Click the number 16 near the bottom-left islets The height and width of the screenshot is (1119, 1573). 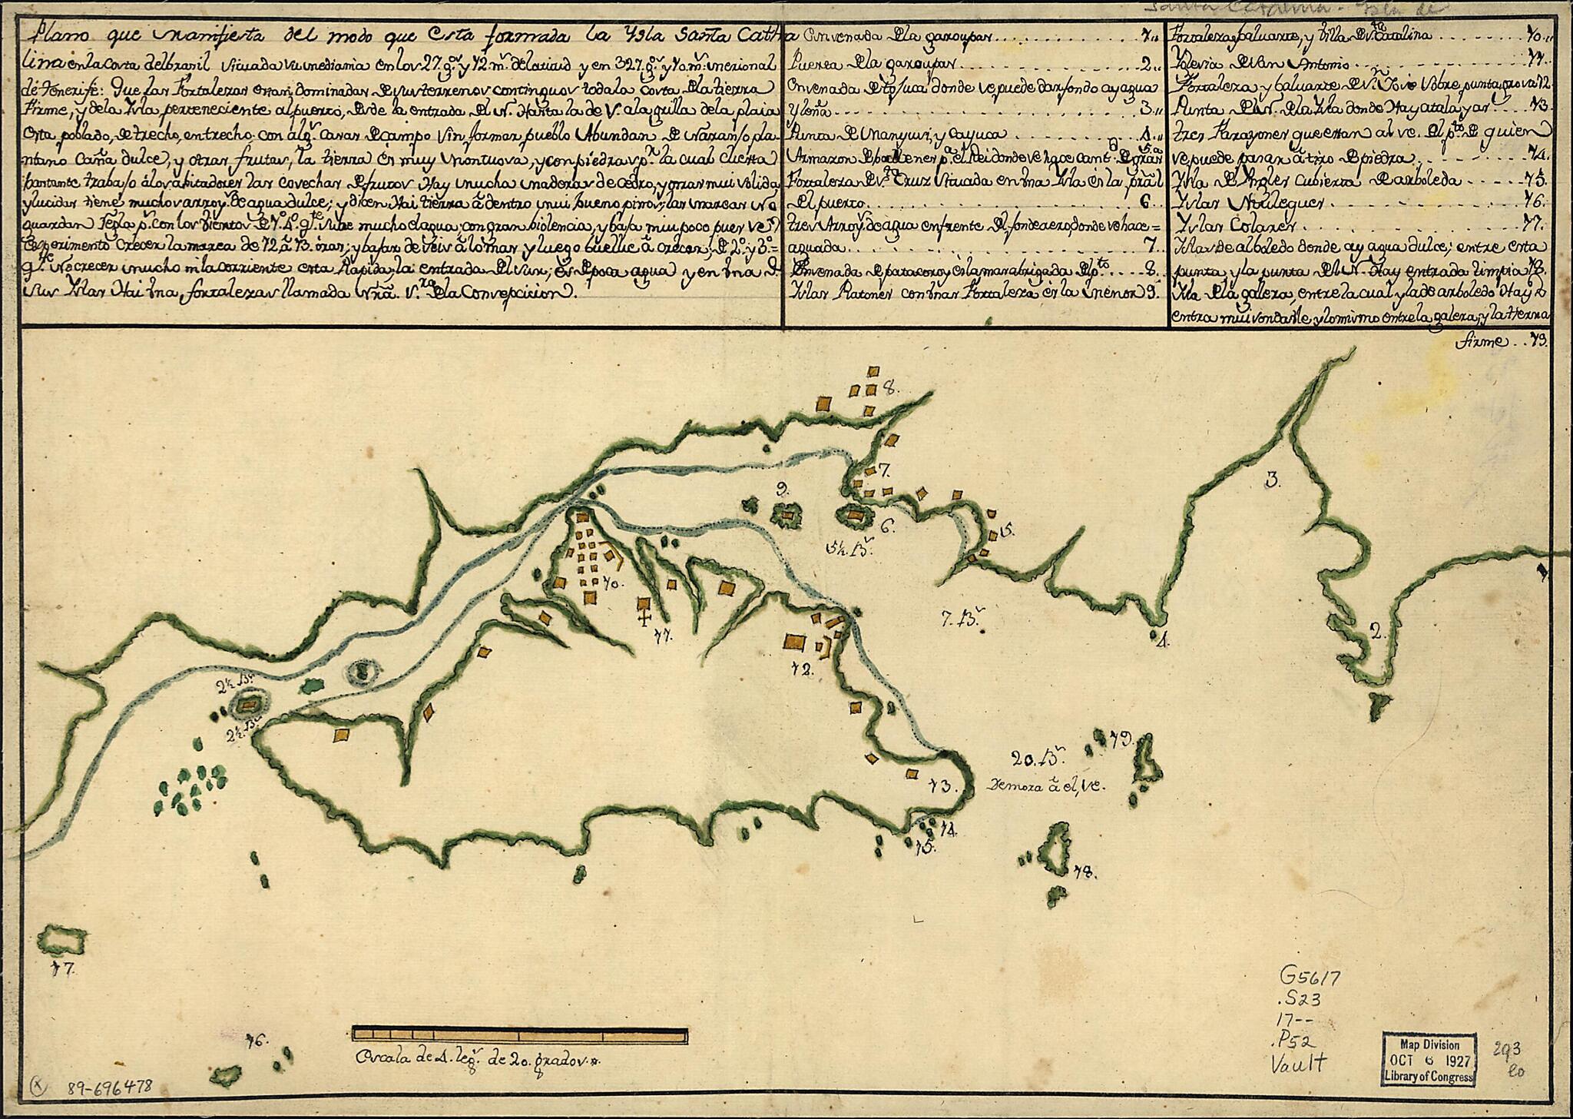(255, 1041)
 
